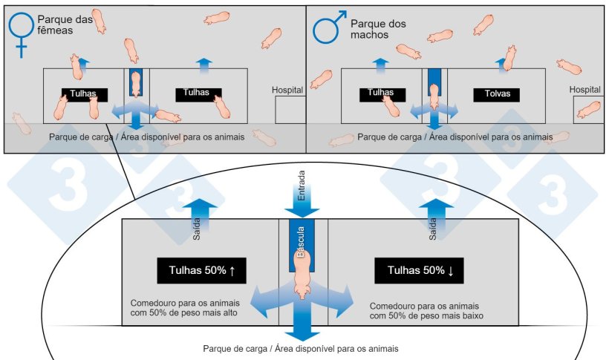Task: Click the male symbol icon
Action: tap(327, 28)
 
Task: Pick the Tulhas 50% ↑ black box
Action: tap(201, 271)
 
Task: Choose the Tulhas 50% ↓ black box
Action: tap(418, 271)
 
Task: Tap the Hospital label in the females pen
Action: tap(287, 90)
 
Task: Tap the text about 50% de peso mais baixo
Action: tap(423, 310)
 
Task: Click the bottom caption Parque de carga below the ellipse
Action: tap(302, 348)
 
